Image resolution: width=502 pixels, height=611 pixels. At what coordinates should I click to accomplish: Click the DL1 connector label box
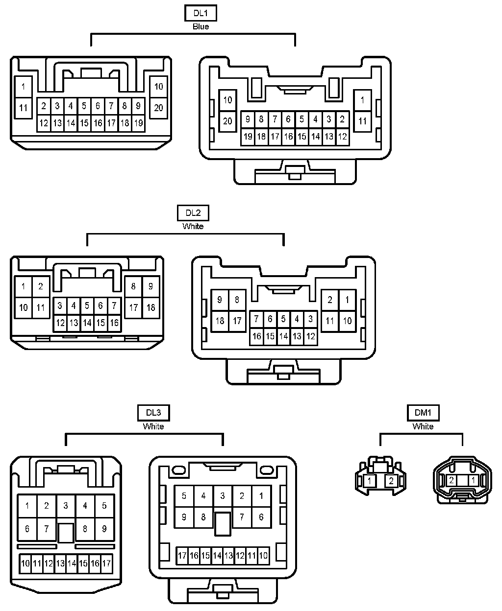point(201,13)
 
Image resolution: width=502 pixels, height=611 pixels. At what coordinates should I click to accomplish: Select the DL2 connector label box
point(193,213)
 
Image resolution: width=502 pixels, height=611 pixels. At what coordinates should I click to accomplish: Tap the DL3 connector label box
point(153,413)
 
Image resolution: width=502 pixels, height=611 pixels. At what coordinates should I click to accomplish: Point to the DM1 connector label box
point(423,413)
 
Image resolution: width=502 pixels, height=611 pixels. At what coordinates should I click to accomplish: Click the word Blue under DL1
point(201,26)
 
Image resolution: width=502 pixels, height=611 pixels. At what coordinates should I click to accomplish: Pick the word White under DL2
point(193,226)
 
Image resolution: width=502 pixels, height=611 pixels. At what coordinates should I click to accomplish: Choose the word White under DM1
point(423,426)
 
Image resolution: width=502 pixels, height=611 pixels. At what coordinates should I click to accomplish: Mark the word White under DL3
point(153,426)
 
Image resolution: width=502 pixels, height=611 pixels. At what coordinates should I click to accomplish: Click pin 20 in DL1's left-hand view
point(158,108)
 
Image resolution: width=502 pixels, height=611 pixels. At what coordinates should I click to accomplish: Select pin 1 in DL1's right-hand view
point(362,100)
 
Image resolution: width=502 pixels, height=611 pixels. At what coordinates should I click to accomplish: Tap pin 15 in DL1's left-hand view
point(84,123)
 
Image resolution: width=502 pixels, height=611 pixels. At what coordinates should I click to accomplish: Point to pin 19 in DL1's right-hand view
point(248,137)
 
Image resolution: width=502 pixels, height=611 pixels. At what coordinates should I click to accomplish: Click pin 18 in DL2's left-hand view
point(151,308)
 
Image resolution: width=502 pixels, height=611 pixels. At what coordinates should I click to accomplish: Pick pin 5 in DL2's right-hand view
point(283,319)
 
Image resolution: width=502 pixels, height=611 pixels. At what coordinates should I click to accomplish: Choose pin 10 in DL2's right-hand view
point(347,321)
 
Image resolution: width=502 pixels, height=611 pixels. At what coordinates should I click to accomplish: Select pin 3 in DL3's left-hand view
point(66,506)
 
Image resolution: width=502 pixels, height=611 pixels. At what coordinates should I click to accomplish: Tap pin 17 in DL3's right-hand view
point(182,556)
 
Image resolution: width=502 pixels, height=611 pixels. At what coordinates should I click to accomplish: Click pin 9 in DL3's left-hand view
point(104,529)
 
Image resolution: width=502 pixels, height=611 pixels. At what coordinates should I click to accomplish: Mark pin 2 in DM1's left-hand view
point(391,481)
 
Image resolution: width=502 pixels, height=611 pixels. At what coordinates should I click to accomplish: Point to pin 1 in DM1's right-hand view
point(473,480)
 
